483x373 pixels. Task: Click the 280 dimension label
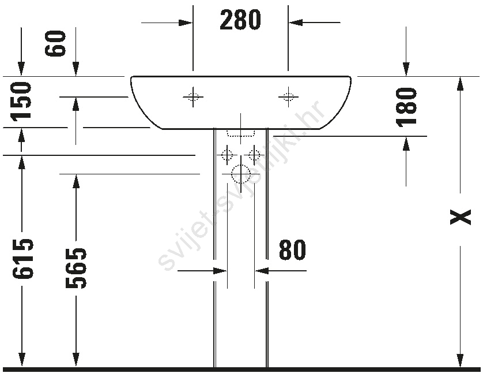tap(240, 20)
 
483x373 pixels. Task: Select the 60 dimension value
tap(55, 43)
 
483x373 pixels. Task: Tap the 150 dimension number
tap(21, 101)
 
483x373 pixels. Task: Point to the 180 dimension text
tap(406, 107)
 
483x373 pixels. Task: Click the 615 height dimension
tap(22, 259)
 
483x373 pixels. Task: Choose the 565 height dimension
tap(76, 268)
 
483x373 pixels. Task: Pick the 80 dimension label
tap(292, 249)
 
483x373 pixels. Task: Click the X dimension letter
tap(460, 217)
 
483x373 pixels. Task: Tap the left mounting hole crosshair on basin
tap(193, 97)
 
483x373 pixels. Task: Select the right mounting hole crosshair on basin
tap(288, 97)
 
